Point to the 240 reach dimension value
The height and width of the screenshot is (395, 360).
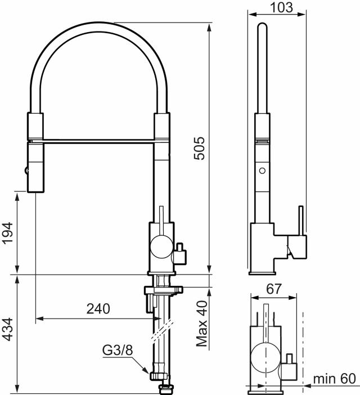click(98, 308)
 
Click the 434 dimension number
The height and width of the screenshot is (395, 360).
click(7, 333)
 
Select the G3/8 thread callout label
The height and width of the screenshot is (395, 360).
click(118, 351)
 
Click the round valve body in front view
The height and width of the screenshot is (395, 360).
click(160, 246)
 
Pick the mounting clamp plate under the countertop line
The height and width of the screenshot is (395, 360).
click(163, 290)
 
